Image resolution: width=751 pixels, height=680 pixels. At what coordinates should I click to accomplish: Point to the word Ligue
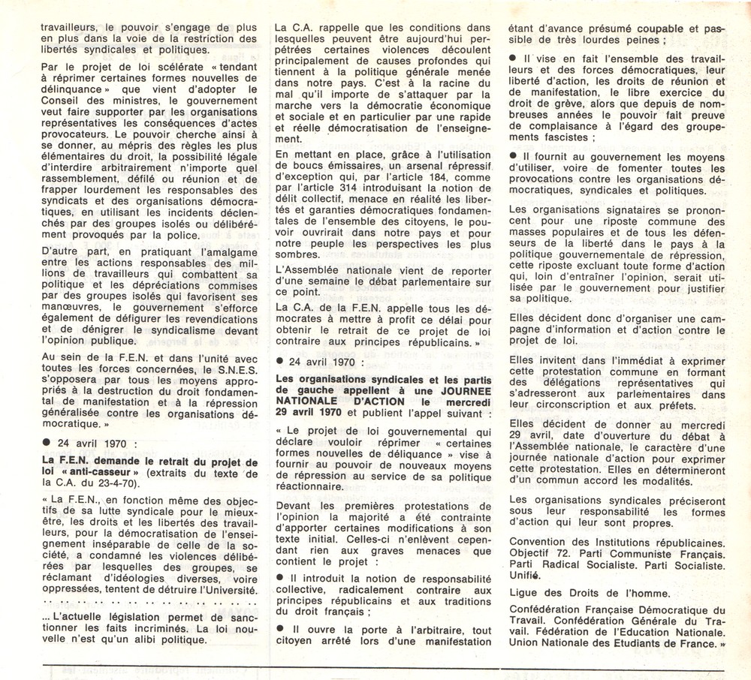(x=526, y=593)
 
